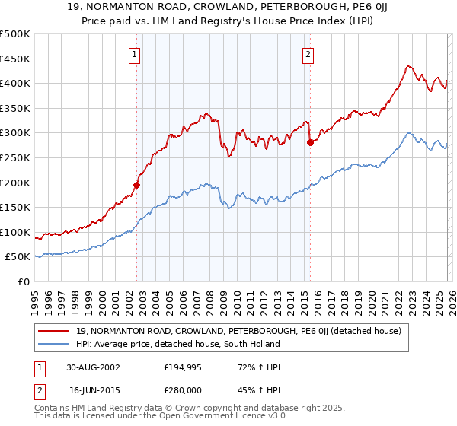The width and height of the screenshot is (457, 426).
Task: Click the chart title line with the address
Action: click(228, 8)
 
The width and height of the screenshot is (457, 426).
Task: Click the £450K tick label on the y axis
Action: click(15, 59)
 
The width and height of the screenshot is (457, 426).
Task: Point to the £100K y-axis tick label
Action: click(15, 232)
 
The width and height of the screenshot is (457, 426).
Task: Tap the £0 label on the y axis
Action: click(24, 281)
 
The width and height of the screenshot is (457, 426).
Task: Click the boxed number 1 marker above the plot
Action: click(135, 53)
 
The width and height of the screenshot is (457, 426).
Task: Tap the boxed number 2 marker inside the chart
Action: click(308, 53)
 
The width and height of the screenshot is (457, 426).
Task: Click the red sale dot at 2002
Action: click(137, 185)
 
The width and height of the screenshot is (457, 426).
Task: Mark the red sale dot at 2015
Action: click(310, 142)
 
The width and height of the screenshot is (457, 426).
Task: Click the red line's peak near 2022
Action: click(408, 66)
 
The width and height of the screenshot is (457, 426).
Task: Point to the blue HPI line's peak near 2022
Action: click(409, 133)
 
